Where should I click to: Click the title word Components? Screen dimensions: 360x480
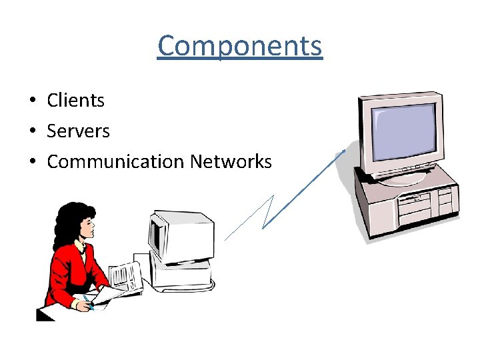pos(240,46)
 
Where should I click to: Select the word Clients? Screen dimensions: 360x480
pos(75,101)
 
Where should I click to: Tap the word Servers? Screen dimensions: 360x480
pos(78,131)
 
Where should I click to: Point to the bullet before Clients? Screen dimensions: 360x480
pos(31,101)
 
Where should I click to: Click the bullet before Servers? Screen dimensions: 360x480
pos(31,132)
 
